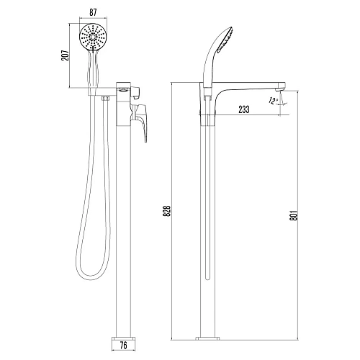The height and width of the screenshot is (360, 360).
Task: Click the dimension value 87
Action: point(93,12)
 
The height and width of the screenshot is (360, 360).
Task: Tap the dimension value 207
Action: point(66,55)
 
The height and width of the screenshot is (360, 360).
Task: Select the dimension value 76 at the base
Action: point(123,346)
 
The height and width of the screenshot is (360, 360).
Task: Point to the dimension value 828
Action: point(167,211)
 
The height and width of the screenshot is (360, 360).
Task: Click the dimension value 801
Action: point(294,216)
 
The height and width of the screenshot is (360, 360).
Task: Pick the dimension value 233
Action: point(244,109)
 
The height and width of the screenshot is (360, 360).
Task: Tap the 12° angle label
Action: point(273,101)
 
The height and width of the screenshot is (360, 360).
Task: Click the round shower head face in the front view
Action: point(93,37)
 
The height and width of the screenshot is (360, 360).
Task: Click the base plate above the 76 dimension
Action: point(124,338)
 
